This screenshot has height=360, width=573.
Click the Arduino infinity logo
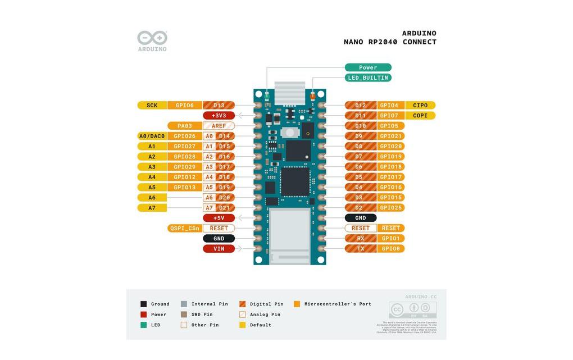[x=152, y=38]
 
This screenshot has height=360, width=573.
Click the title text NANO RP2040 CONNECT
[x=390, y=42]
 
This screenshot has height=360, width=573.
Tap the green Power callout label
[x=368, y=67]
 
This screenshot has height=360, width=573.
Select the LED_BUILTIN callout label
[x=368, y=78]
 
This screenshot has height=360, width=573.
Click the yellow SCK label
[x=152, y=105]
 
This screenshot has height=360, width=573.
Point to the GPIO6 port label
[x=184, y=105]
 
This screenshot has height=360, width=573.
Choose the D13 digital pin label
[x=219, y=105]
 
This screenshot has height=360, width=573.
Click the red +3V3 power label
[x=219, y=116]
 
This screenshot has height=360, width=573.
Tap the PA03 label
[x=184, y=126]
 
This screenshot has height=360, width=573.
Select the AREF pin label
[x=219, y=126]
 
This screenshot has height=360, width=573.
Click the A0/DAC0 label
[x=152, y=136]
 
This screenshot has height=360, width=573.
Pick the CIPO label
[x=420, y=105]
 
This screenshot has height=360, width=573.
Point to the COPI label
[x=420, y=116]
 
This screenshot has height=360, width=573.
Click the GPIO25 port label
[x=391, y=208]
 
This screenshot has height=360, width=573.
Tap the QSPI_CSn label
[x=184, y=229]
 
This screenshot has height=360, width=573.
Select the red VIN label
[x=219, y=249]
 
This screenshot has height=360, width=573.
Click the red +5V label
[x=219, y=218]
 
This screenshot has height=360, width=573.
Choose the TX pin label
[x=361, y=249]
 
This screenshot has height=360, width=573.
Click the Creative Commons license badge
[x=412, y=309]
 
